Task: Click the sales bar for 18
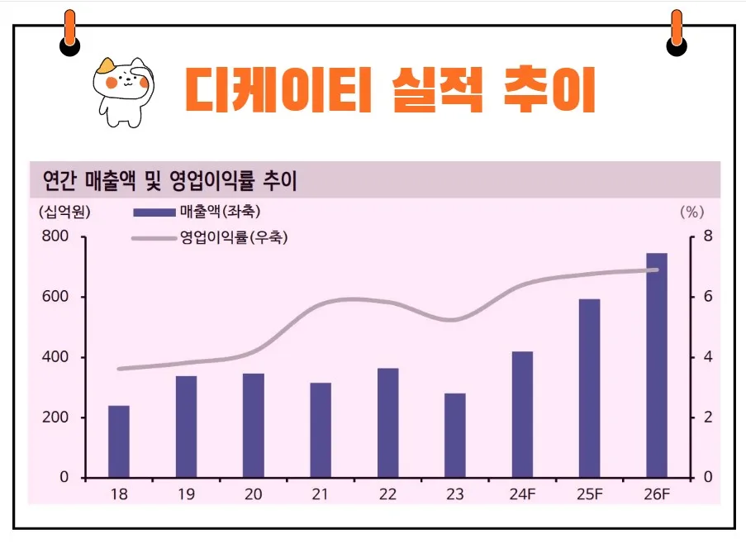119,441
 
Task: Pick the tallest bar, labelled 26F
657,365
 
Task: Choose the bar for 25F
589,389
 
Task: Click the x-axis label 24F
523,494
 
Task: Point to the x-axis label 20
254,494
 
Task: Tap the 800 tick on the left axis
56,237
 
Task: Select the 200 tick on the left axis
56,418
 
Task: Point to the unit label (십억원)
64,212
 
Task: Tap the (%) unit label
691,212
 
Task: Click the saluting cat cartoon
121,91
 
